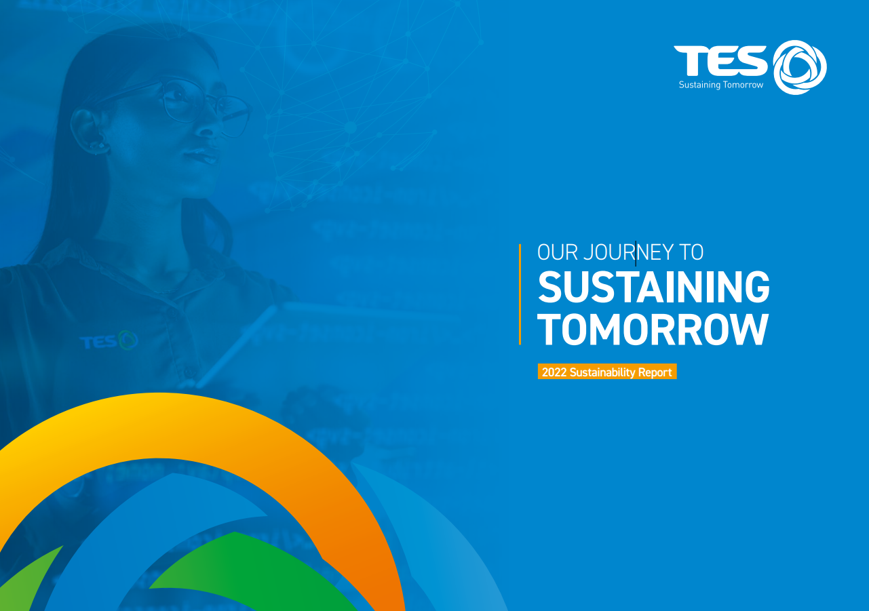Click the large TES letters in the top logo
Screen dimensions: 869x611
point(720,61)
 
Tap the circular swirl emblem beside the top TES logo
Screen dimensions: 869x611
point(800,67)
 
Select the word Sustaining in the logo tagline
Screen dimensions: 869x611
point(699,85)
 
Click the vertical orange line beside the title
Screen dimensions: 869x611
point(520,294)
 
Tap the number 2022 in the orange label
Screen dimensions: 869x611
point(554,372)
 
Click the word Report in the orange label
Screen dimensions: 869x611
point(655,372)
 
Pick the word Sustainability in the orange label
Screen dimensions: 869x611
point(602,372)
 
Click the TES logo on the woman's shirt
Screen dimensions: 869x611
point(109,341)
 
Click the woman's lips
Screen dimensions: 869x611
point(201,155)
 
